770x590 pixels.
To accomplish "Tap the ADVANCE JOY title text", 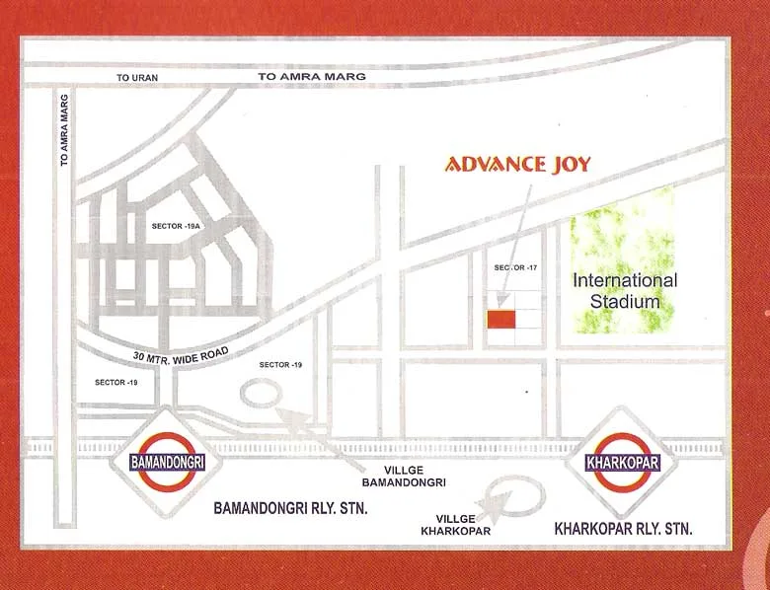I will click(x=517, y=164).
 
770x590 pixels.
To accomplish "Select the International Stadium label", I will click(x=625, y=290).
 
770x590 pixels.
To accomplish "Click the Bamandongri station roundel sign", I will click(x=167, y=461).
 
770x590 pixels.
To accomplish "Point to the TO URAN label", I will click(x=136, y=77).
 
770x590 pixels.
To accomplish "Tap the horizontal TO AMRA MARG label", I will click(x=311, y=76).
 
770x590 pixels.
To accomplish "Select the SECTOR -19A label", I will click(x=177, y=226).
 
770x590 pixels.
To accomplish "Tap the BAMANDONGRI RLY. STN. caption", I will click(x=291, y=509).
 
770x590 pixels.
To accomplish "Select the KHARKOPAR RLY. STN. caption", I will click(x=624, y=530).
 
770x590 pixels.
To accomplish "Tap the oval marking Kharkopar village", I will click(x=517, y=493).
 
